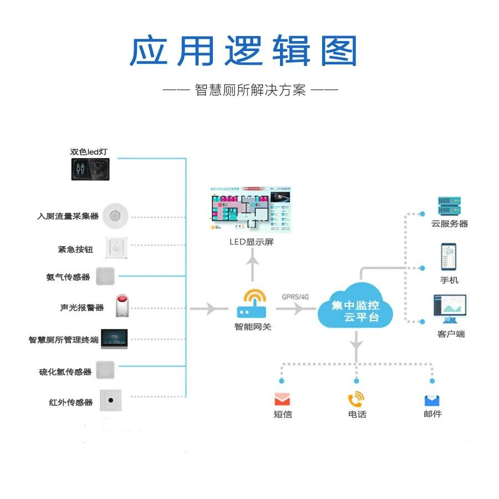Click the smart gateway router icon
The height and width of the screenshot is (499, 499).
coord(253,304)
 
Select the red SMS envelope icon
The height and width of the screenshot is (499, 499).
coord(283,399)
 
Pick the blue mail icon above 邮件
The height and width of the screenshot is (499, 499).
coord(432,399)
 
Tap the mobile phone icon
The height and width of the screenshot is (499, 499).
coord(449,257)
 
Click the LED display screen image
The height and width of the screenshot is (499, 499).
coord(252,210)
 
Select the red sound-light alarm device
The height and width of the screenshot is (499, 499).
coord(122,306)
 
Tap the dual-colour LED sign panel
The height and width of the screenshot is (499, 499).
coord(91,169)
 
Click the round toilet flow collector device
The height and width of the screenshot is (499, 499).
coord(116,215)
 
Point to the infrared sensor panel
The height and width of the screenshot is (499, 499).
coord(111,400)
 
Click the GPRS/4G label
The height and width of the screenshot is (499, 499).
coord(295,297)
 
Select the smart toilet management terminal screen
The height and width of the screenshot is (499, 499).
coord(114,339)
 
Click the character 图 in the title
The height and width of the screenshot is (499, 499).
coord(338,51)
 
